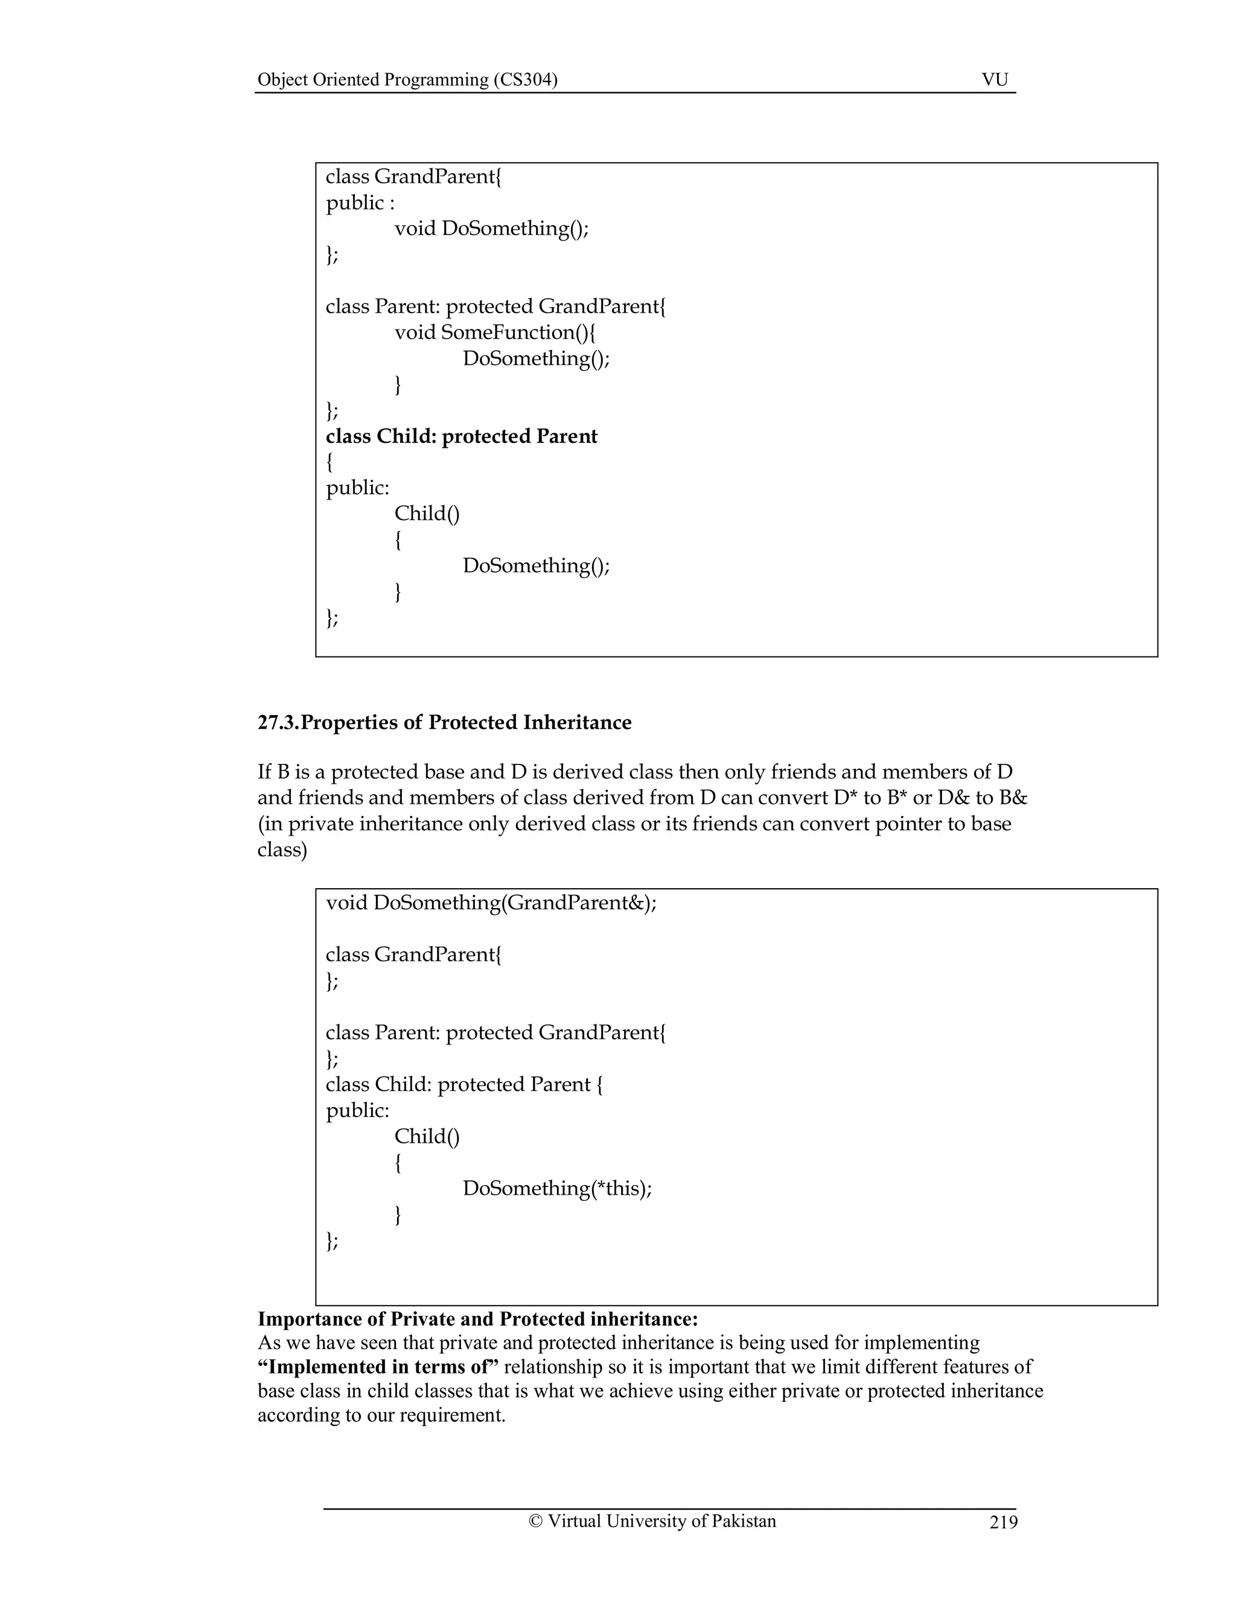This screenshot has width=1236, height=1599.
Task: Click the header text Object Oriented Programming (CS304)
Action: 407,80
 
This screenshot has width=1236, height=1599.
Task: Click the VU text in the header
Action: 995,80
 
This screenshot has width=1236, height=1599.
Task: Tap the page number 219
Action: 1003,1522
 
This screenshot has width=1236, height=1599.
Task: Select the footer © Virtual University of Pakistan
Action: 652,1521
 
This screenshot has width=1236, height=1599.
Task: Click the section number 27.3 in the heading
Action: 278,723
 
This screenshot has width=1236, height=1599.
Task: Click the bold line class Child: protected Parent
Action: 461,436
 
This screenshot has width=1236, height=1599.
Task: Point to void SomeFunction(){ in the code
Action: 495,332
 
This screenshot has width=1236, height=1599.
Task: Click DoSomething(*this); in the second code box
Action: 556,1187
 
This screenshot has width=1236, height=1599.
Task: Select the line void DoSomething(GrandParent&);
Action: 491,903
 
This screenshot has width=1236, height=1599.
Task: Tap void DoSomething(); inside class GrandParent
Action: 491,229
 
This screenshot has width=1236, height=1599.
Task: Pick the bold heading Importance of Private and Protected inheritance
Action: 477,1319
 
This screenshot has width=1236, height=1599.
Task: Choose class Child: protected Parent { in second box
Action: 464,1084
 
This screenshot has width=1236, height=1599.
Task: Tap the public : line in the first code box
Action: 360,203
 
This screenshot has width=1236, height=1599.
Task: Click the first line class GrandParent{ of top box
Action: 413,176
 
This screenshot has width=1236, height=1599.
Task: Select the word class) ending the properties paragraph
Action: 282,850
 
